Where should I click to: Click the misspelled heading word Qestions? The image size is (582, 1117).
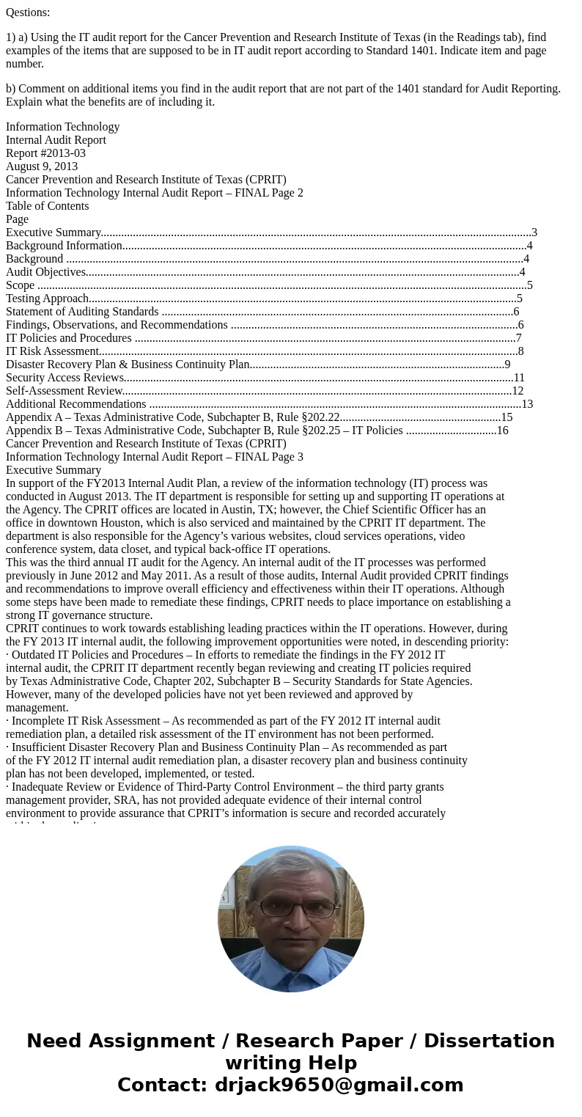pos(28,12)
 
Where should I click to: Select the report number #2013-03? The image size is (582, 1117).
pos(45,153)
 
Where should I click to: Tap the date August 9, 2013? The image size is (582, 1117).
pos(42,166)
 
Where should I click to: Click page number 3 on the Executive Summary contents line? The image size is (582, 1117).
pos(534,232)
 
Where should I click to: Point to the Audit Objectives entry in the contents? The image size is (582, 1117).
pos(45,272)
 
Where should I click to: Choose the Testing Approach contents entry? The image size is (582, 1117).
pos(48,299)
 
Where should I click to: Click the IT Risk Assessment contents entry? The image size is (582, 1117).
pos(52,351)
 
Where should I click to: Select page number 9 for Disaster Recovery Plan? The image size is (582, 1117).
pos(507,365)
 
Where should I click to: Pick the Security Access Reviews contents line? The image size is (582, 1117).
pos(65,378)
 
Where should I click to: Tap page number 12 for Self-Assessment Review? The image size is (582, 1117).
pos(517,391)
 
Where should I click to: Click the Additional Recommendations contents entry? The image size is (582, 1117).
pos(75,404)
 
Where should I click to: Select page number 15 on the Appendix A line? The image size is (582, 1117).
pos(507,417)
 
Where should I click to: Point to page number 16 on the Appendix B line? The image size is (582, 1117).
pos(502,431)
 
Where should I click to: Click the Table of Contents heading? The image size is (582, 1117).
pos(47,206)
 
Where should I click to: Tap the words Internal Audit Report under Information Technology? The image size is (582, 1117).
pos(56,140)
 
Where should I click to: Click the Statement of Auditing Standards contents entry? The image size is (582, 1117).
pos(82,312)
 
